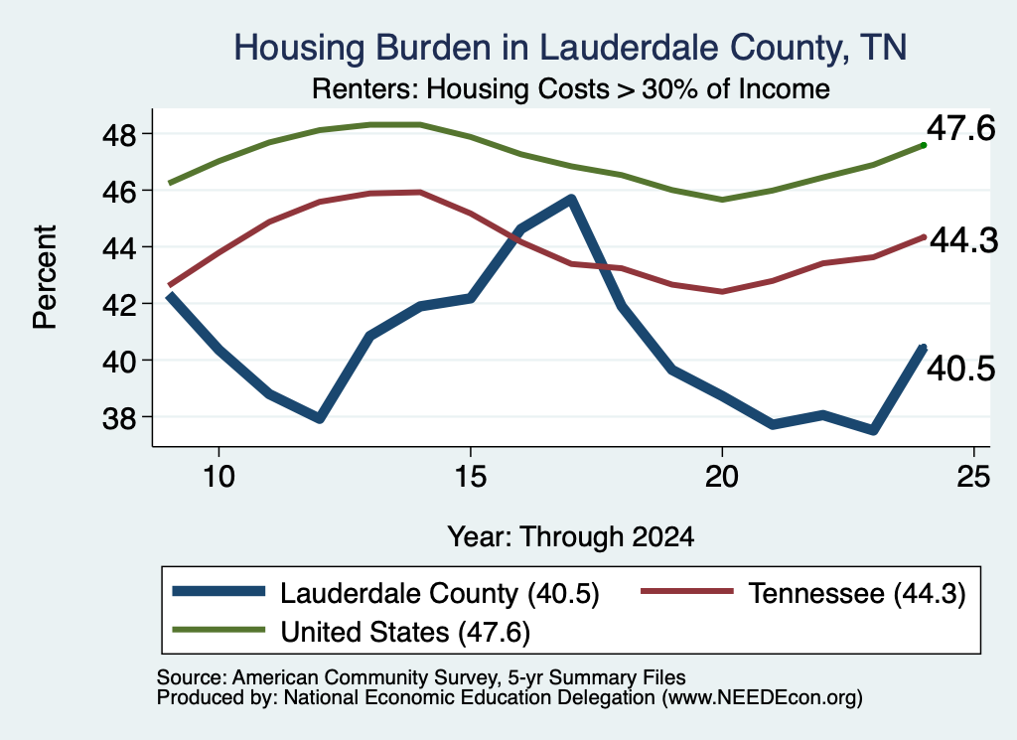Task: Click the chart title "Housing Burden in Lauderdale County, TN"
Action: pos(570,48)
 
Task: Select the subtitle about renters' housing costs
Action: pos(571,88)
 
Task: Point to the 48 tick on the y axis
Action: pos(119,134)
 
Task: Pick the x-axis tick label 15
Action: pos(470,477)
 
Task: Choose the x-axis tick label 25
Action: pos(973,477)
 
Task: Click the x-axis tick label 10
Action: pos(218,477)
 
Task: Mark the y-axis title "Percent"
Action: pos(45,277)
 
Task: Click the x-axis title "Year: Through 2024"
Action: pos(571,537)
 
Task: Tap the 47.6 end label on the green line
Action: pos(960,128)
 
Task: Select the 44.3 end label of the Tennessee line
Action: pos(963,240)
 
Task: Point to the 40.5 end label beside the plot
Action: pos(960,370)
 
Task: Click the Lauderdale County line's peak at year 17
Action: pos(571,199)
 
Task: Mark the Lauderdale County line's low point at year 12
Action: pos(319,418)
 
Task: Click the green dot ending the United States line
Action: pos(924,145)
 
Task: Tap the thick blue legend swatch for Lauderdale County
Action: pos(218,591)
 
